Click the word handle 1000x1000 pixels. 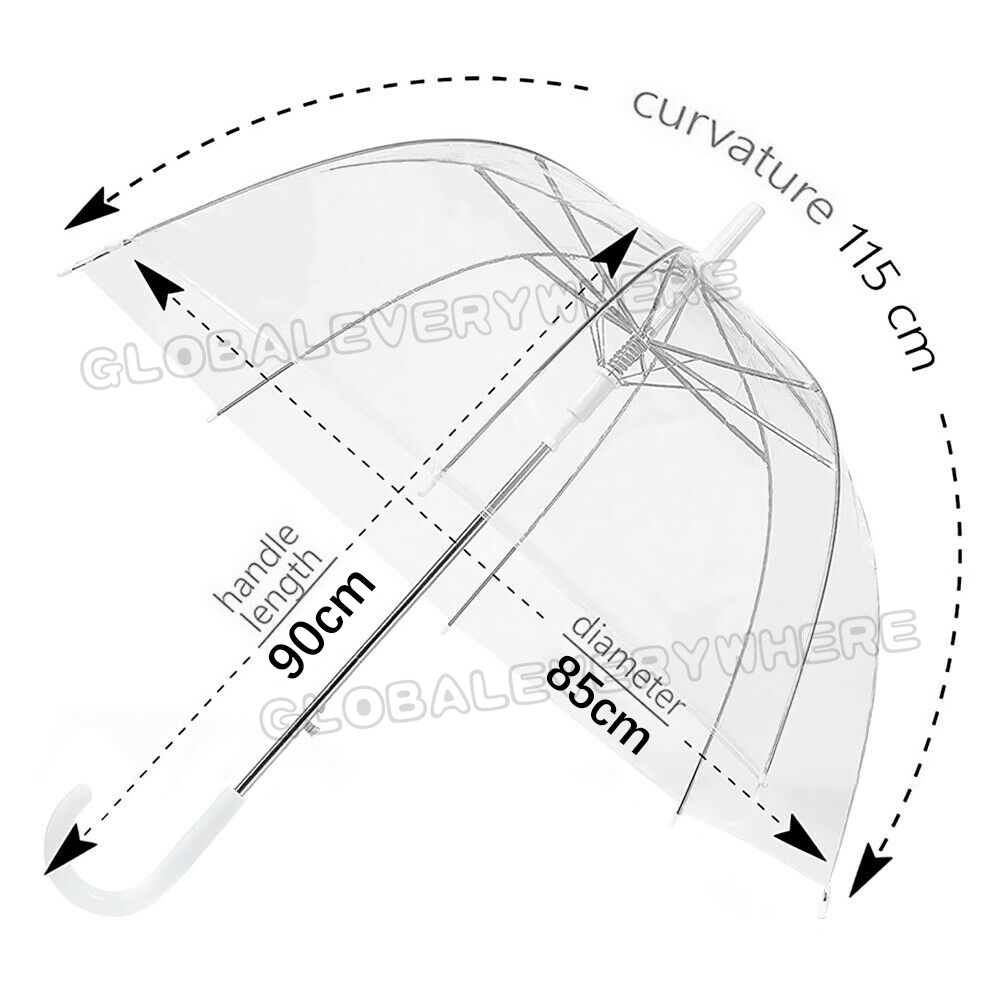click(x=259, y=566)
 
